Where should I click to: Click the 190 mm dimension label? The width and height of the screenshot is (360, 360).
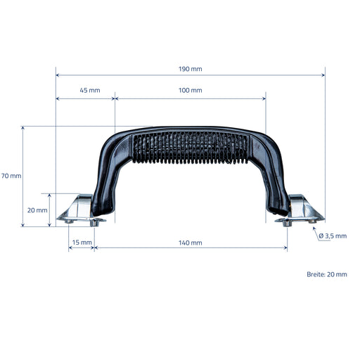[190, 69]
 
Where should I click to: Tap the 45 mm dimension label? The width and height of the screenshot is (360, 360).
[90, 90]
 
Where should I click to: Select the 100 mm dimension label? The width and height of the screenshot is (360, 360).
[190, 90]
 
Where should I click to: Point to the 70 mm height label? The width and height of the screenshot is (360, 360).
[11, 176]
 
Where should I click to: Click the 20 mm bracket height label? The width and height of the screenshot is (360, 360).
[37, 210]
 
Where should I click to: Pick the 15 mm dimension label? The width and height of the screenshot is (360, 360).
[82, 243]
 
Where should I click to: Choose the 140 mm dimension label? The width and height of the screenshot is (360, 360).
[190, 243]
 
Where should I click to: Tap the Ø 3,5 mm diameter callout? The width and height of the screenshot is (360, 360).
[333, 236]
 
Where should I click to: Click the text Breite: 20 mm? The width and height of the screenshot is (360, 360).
[327, 274]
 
